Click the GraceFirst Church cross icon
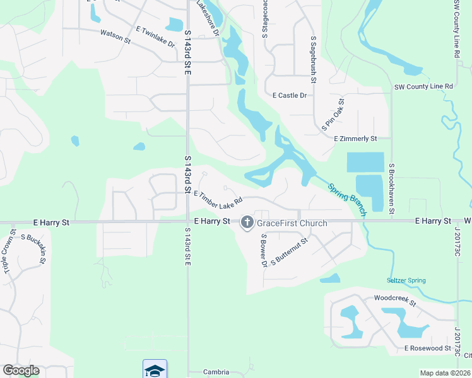(x=246, y=222)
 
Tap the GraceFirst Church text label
(x=292, y=223)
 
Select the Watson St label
(x=115, y=38)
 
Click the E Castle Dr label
(x=289, y=96)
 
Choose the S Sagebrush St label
(x=313, y=60)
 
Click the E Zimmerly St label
(x=355, y=139)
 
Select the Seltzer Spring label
(x=406, y=280)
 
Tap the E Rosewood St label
(x=428, y=348)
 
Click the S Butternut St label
(x=289, y=251)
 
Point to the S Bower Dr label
(x=264, y=250)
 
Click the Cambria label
(x=216, y=372)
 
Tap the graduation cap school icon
(x=155, y=369)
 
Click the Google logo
(x=21, y=370)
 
